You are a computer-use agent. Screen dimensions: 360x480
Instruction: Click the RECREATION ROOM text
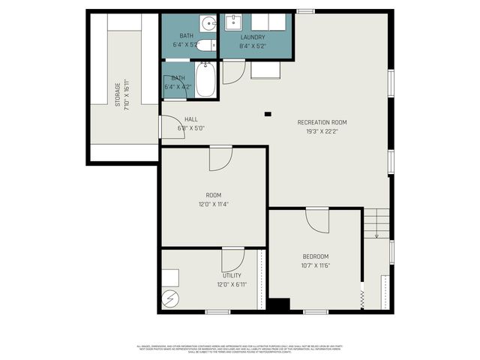[x=322, y=122]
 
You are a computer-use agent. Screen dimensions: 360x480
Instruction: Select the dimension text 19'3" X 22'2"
[x=322, y=131]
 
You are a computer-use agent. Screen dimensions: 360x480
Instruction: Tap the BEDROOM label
[x=316, y=256]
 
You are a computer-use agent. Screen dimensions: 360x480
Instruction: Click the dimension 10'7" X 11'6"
[x=316, y=265]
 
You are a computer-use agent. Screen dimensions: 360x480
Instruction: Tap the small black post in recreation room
[x=267, y=114]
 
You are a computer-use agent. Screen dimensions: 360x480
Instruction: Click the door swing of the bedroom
[x=316, y=221]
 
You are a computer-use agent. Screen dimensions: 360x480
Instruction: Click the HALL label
[x=191, y=119]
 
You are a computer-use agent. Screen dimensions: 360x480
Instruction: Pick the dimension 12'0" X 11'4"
[x=213, y=203]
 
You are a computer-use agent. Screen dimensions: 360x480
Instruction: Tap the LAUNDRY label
[x=253, y=37]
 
